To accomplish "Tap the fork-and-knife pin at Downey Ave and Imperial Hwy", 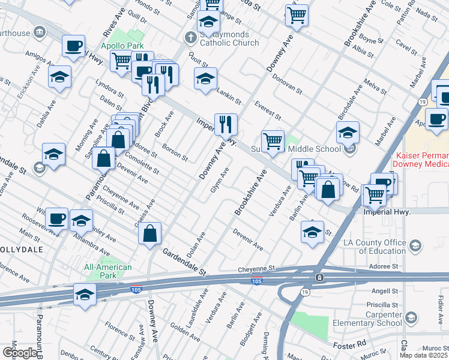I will point(226,124).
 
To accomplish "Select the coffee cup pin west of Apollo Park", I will point(74,46).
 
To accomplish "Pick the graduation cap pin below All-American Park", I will point(85,295).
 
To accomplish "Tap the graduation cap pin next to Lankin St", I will point(205,79).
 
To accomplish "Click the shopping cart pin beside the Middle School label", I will point(273,142).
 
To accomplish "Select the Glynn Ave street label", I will point(219,180).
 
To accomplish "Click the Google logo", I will point(20,353).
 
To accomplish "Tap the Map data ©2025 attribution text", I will point(424,355).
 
